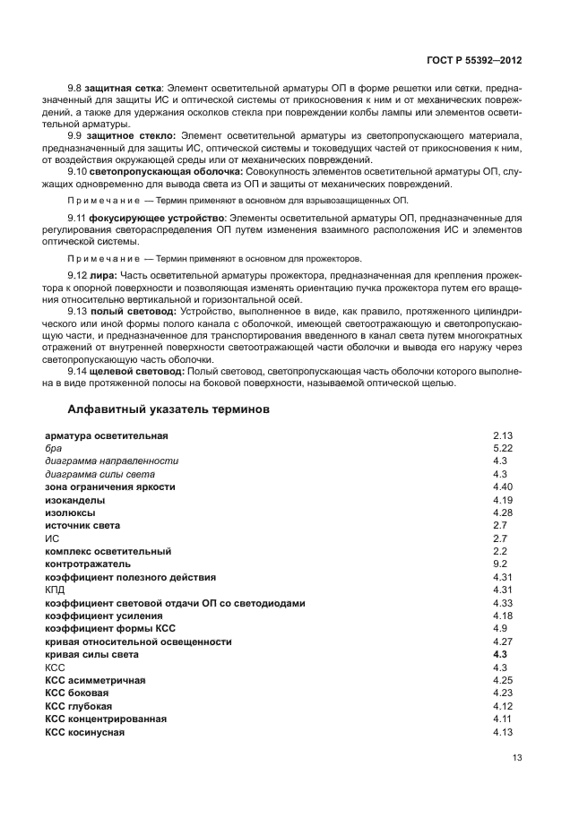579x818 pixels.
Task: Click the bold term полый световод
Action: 125,311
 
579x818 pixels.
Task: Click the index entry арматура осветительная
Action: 107,435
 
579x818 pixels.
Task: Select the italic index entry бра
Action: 53,448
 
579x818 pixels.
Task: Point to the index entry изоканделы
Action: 74,500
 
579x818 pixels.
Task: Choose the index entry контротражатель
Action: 88,564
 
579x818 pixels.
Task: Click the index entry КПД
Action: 55,590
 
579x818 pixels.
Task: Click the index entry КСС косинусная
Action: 84,733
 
